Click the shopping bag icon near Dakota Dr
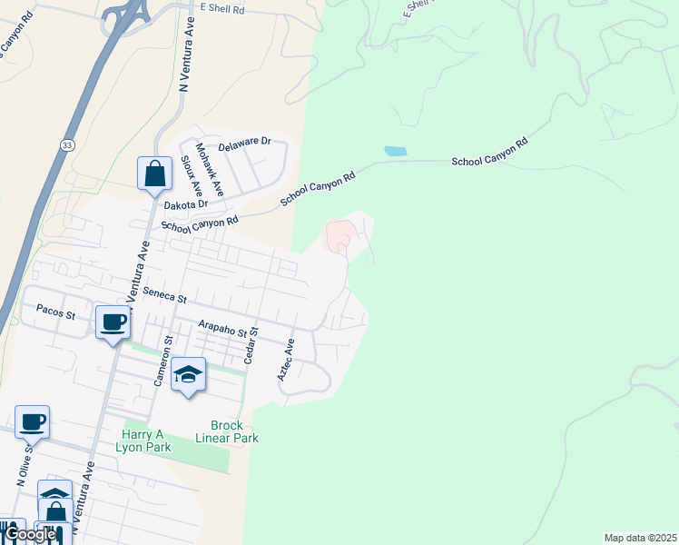click(x=154, y=173)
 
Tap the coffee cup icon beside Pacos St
click(x=113, y=322)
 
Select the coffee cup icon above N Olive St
click(x=33, y=421)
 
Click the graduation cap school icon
click(x=188, y=374)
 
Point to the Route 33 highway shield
click(x=68, y=145)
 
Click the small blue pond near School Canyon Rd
click(x=395, y=151)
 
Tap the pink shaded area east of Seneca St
click(x=338, y=236)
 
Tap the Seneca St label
click(x=163, y=297)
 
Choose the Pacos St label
click(x=54, y=309)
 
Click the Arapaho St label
click(x=223, y=328)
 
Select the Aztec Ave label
click(x=285, y=360)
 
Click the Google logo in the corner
click(x=29, y=534)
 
